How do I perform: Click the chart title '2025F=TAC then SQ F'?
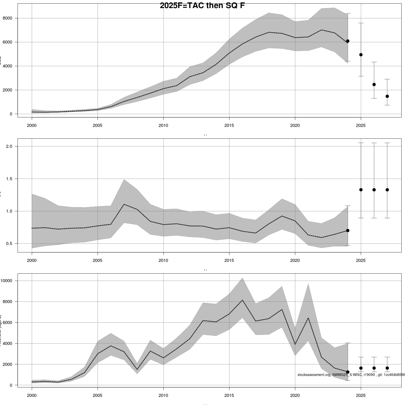click(x=202, y=6)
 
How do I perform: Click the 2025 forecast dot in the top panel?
click(x=361, y=55)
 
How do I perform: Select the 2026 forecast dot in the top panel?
click(x=374, y=84)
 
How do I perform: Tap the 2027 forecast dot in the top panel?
click(x=387, y=96)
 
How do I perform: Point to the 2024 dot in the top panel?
click(x=348, y=41)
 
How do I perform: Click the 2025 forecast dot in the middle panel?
click(x=361, y=190)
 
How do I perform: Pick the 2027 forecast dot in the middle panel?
click(x=387, y=190)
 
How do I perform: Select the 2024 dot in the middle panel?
click(x=348, y=231)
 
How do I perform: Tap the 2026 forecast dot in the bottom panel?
click(x=374, y=368)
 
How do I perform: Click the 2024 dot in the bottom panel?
click(x=348, y=372)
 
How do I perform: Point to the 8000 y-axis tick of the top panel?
click(x=12, y=18)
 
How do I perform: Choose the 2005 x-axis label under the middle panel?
click(x=98, y=261)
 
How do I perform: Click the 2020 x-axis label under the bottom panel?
click(x=295, y=395)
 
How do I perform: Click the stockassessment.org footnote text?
click(x=351, y=375)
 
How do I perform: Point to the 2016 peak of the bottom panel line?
click(x=242, y=300)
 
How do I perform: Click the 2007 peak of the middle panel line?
click(x=124, y=204)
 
